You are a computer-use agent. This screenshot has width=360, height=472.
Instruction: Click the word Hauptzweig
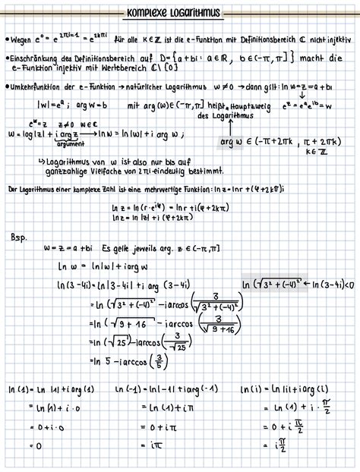click(248, 108)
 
